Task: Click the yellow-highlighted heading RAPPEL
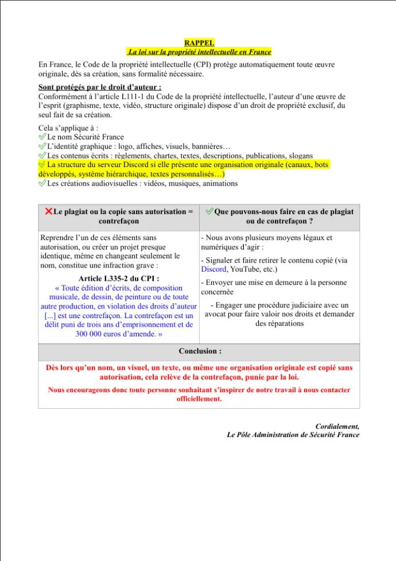pyautogui.click(x=199, y=42)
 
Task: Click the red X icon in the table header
pyautogui.click(x=48, y=211)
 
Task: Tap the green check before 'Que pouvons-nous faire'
pyautogui.click(x=209, y=211)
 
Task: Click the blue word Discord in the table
pyautogui.click(x=213, y=269)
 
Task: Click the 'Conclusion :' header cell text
pyautogui.click(x=199, y=351)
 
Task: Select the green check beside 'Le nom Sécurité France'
pyautogui.click(x=42, y=137)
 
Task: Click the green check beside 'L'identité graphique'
pyautogui.click(x=42, y=146)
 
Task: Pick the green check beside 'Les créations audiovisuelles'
pyautogui.click(x=42, y=183)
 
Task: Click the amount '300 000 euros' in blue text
pyautogui.click(x=99, y=334)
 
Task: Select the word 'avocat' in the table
pyautogui.click(x=216, y=314)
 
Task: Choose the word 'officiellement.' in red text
pyautogui.click(x=199, y=398)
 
